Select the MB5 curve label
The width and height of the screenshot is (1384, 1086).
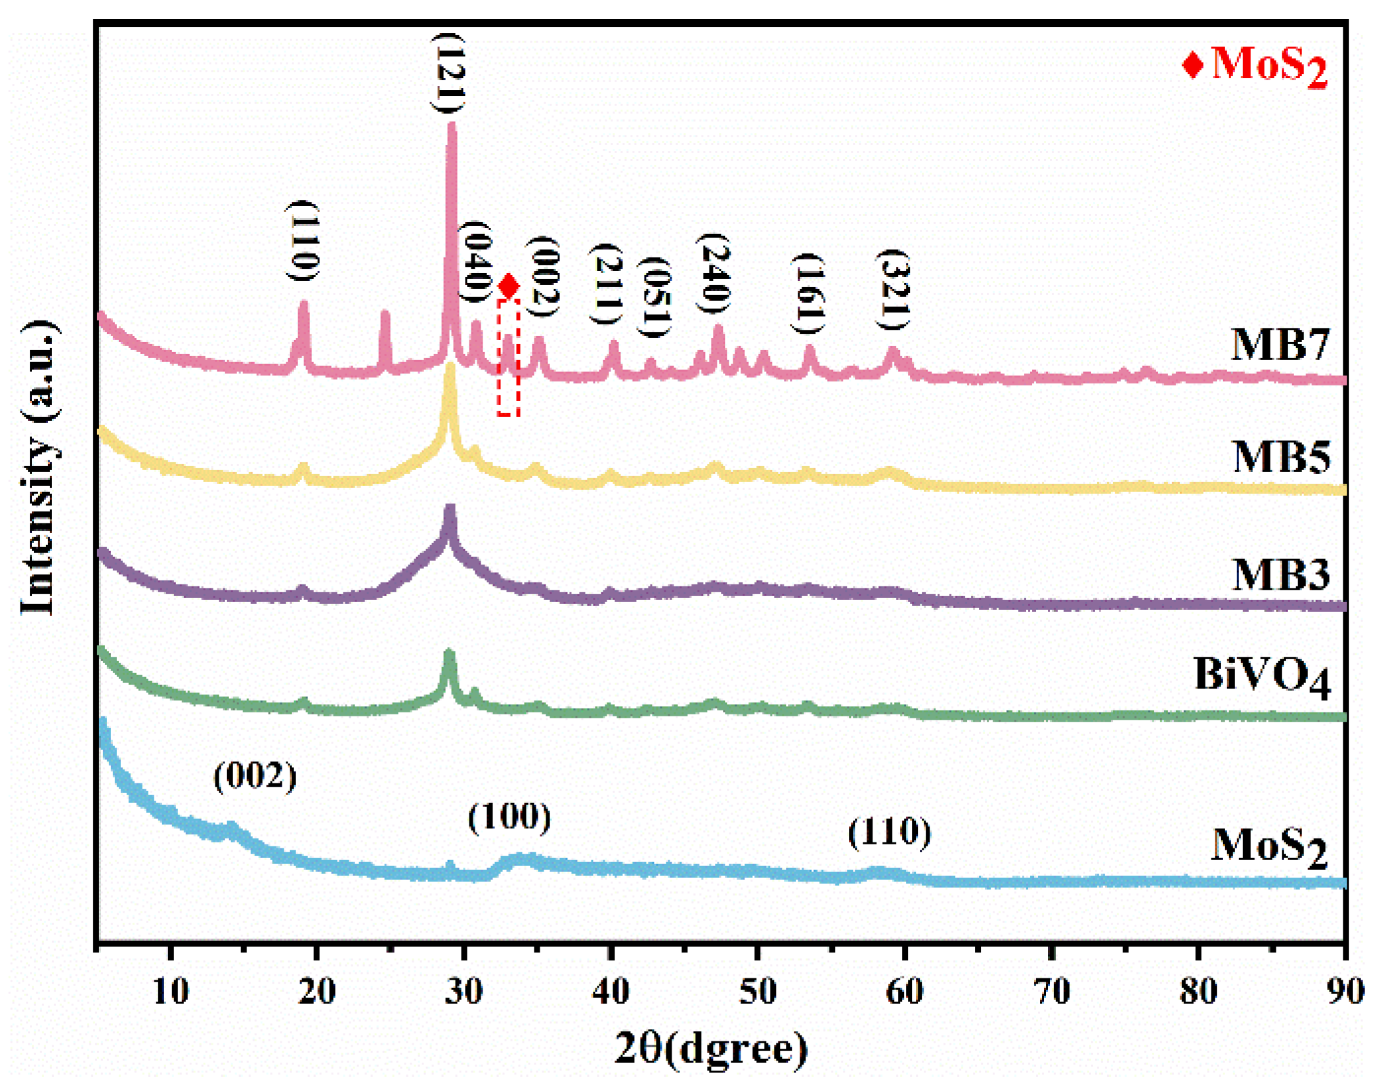pyautogui.click(x=1280, y=456)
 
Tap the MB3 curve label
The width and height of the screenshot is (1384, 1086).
pyautogui.click(x=1280, y=575)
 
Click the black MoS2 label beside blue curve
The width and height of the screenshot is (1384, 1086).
pyautogui.click(x=1268, y=846)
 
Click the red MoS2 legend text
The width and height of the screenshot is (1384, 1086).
pyautogui.click(x=1268, y=66)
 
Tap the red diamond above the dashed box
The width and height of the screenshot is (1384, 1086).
pyautogui.click(x=508, y=286)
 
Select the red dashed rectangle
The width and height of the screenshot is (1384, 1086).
pyautogui.click(x=508, y=358)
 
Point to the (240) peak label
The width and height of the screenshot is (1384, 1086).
pyautogui.click(x=714, y=273)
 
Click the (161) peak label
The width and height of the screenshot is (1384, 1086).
pyautogui.click(x=808, y=293)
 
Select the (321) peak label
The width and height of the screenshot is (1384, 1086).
pyautogui.click(x=893, y=290)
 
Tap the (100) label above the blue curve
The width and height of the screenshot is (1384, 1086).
pyautogui.click(x=509, y=817)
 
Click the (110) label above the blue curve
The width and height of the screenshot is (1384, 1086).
pyautogui.click(x=889, y=833)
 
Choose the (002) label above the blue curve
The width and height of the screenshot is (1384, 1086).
pyautogui.click(x=255, y=776)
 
